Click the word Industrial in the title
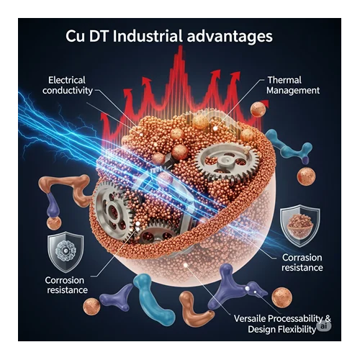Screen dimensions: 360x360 [x=148, y=36]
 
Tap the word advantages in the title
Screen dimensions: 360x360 [x=230, y=37]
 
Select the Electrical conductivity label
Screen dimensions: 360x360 [x=67, y=85]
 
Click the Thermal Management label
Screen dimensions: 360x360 [x=293, y=85]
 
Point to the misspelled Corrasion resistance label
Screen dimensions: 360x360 [x=302, y=262]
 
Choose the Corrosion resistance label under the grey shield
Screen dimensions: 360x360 [x=66, y=285]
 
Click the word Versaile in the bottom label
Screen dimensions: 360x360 [x=250, y=318]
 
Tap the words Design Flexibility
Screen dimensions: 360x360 [x=282, y=329]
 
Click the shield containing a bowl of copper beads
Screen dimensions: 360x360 [x=300, y=226]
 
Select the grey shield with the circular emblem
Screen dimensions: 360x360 [x=66, y=252]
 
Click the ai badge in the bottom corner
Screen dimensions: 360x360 [x=324, y=326]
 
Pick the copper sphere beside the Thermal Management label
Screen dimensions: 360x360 [x=258, y=109]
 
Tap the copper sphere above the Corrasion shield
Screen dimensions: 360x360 [x=306, y=176]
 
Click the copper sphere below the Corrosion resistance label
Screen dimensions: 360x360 [x=91, y=307]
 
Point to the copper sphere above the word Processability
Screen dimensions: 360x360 [x=282, y=297]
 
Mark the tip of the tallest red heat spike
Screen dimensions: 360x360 [x=180, y=46]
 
